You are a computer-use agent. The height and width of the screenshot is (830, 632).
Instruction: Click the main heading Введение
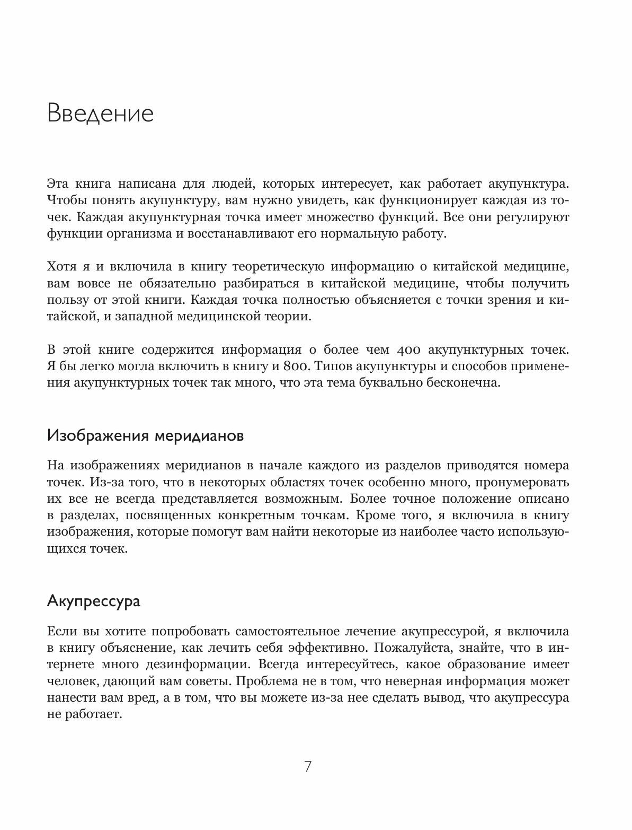(x=100, y=114)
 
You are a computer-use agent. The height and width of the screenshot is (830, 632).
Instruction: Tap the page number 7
(x=308, y=767)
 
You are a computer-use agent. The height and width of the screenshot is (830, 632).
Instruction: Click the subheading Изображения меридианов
(x=146, y=436)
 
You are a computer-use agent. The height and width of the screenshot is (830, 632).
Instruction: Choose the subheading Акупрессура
(x=94, y=601)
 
